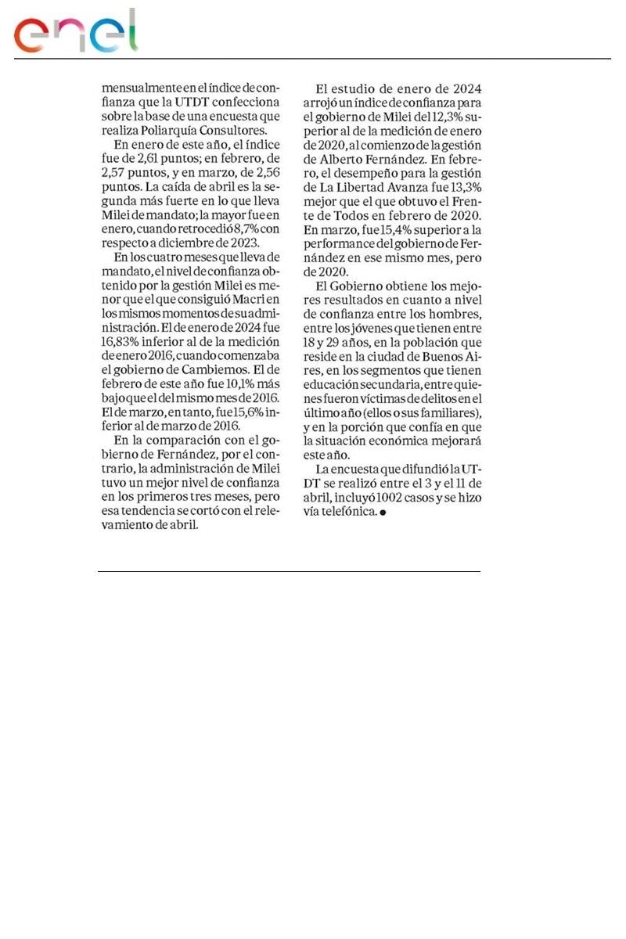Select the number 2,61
(x=165, y=159)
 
